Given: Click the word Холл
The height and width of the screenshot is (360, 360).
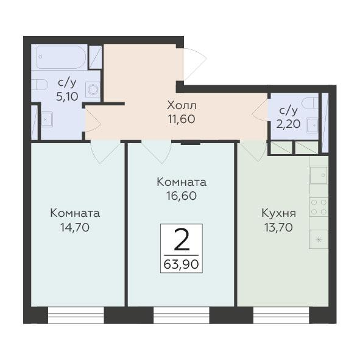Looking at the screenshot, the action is [x=182, y=105].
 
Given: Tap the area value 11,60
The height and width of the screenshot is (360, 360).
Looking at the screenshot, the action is [x=182, y=119].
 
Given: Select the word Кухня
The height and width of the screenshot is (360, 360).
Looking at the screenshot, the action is [x=279, y=213].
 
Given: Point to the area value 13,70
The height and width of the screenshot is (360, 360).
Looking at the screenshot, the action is [x=278, y=228].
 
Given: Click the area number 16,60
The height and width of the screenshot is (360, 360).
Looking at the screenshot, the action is [x=182, y=196].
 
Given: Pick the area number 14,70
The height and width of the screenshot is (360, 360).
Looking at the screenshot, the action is [x=75, y=228].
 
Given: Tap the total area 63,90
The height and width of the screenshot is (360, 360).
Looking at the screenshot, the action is [x=181, y=264].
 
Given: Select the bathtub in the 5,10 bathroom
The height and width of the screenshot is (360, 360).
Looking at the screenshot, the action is [x=61, y=57].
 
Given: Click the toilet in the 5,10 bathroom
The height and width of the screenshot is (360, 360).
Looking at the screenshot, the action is [x=40, y=85].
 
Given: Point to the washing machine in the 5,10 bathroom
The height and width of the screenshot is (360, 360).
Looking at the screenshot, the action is [x=93, y=90].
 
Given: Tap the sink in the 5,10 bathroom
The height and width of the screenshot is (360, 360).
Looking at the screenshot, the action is [x=47, y=119].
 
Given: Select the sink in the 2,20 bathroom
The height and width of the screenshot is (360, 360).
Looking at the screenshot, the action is [x=312, y=125].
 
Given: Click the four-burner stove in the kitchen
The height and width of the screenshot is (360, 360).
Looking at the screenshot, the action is [x=319, y=207].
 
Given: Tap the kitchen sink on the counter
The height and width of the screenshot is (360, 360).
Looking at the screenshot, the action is [x=318, y=175].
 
